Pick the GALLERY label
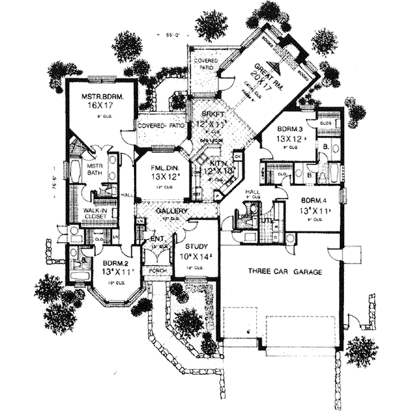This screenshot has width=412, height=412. tap(169, 211)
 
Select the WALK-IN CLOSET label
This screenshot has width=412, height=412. tap(94, 213)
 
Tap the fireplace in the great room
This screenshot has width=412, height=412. tap(297, 49)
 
